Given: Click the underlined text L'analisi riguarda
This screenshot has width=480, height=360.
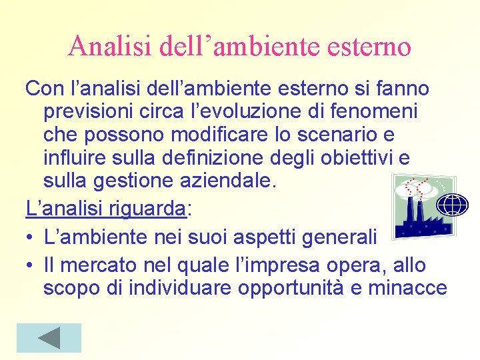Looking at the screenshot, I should point(106,208).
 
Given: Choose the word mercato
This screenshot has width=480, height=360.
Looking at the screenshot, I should point(96,265).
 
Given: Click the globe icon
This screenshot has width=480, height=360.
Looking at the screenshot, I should point(453,204).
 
